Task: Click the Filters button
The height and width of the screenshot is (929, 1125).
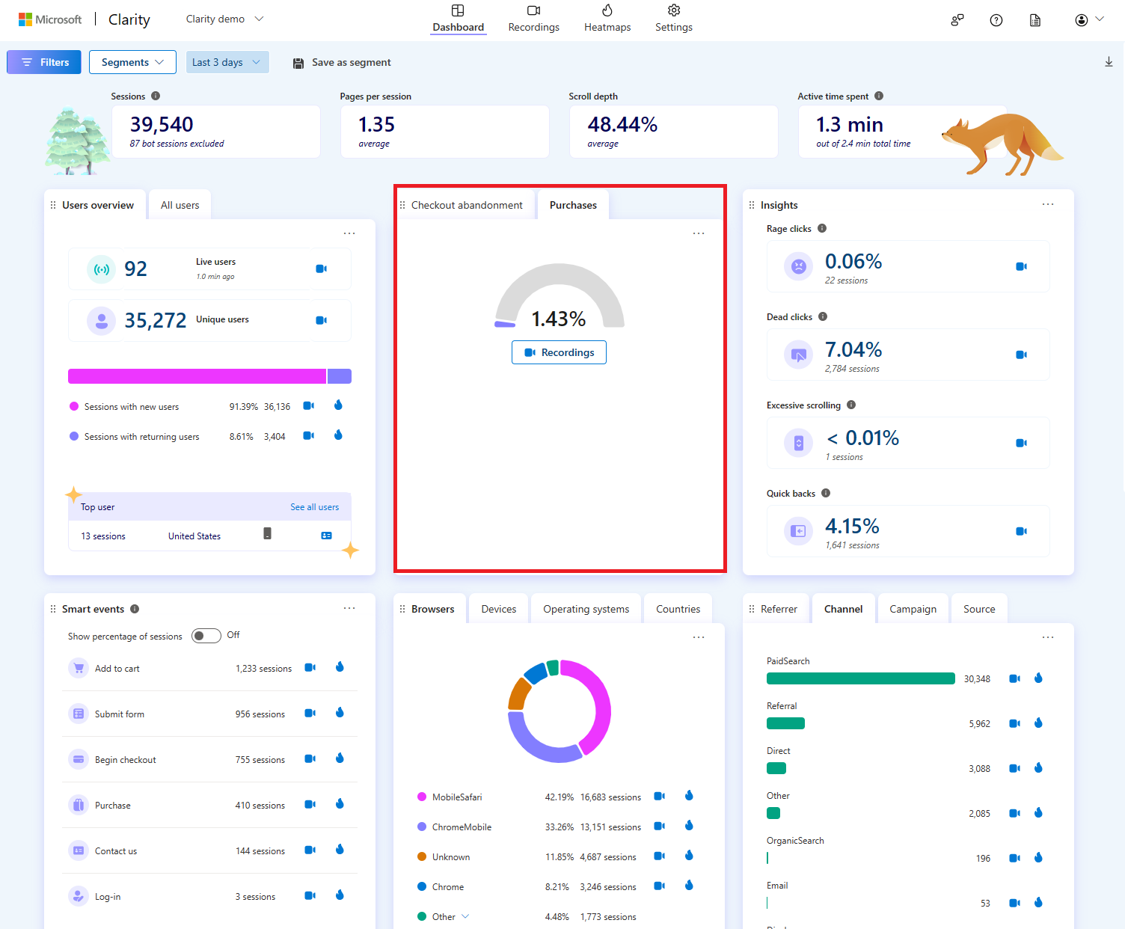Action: [x=44, y=62]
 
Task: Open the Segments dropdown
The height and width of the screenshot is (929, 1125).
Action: [x=132, y=62]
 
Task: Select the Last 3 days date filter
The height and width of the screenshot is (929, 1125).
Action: [x=227, y=62]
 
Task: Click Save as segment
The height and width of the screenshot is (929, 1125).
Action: [x=342, y=63]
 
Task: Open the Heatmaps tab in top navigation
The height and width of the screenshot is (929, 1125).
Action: [x=607, y=19]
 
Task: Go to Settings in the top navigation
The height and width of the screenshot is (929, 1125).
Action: [x=673, y=19]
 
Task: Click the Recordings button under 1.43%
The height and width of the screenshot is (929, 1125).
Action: [x=559, y=352]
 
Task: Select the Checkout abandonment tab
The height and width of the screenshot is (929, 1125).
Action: [x=466, y=205]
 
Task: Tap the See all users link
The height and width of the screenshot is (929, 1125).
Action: [x=314, y=507]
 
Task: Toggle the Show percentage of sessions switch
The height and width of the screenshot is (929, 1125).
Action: [x=206, y=636]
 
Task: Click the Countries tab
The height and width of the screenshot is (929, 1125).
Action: [x=678, y=609]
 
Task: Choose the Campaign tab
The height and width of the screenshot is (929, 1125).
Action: [x=913, y=609]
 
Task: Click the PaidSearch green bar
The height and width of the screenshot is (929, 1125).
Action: [x=860, y=678]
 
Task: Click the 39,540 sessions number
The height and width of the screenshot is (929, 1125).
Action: [x=162, y=124]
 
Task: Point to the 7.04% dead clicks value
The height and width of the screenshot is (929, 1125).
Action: [x=853, y=349]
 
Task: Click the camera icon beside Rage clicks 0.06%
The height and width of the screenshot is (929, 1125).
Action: [x=1021, y=266]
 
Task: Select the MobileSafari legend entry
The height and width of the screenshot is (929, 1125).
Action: [x=456, y=797]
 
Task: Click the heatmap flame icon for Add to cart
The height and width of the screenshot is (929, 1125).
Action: [x=340, y=667]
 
